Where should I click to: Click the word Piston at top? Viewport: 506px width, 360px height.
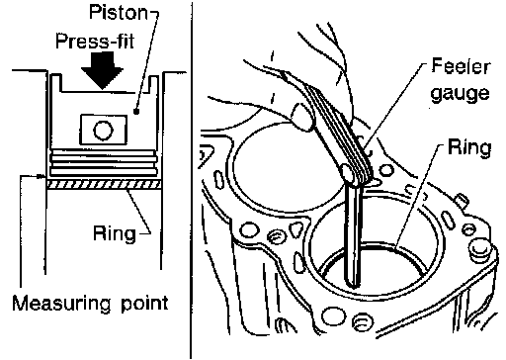(118, 13)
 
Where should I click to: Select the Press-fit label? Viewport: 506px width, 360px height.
(95, 42)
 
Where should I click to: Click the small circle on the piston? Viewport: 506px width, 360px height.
(104, 131)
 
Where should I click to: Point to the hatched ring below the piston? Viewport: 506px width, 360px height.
(104, 185)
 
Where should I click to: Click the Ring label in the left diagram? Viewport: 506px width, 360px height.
(115, 233)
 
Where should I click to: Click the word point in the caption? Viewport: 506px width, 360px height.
(144, 304)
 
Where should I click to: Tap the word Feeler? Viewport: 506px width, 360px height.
(461, 66)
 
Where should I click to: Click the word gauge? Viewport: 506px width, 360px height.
(461, 93)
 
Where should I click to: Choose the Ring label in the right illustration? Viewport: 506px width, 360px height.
(469, 147)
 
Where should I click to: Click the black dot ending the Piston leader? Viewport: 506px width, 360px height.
(136, 112)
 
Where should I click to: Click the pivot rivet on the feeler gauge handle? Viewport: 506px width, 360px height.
(348, 173)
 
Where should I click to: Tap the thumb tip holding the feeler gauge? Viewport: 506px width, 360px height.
(301, 117)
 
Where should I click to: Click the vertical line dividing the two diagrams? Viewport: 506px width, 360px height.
(191, 180)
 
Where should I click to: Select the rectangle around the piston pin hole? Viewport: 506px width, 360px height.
(103, 130)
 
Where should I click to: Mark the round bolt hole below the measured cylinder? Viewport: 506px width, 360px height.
(333, 316)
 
